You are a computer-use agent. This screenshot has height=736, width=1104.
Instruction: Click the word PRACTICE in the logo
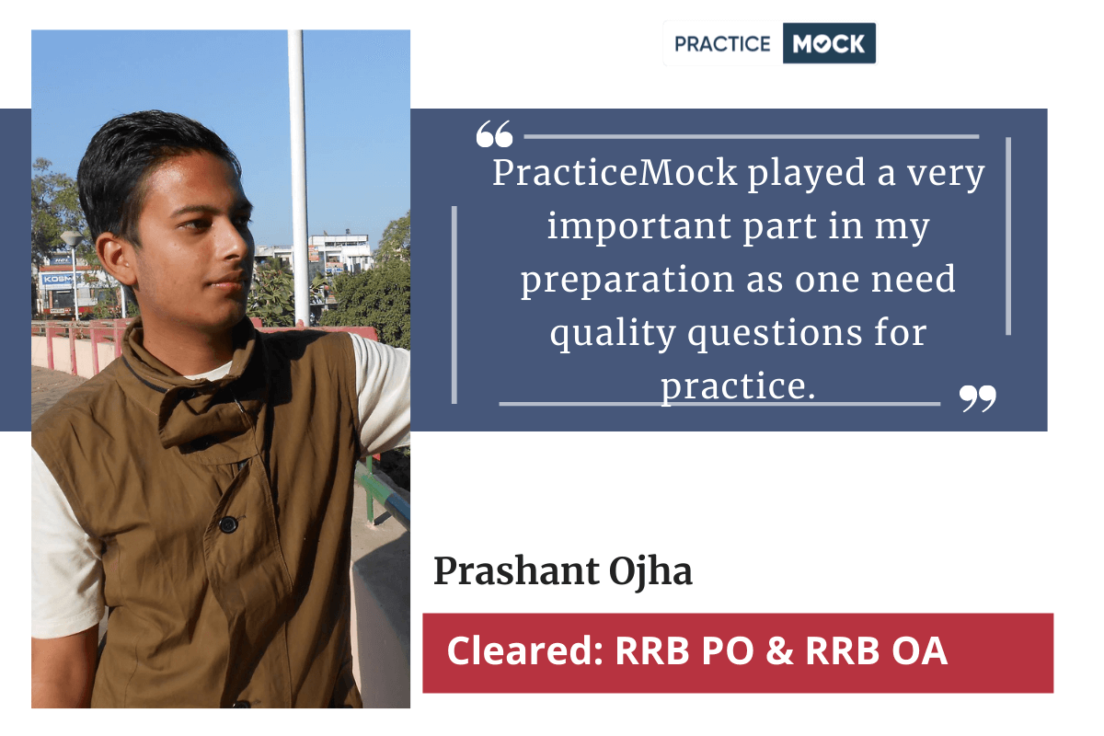[722, 44]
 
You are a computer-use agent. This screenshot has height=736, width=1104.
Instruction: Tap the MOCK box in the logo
[829, 43]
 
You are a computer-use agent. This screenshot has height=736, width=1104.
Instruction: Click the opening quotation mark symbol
[494, 134]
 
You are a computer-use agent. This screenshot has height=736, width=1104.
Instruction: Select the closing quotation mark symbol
[977, 398]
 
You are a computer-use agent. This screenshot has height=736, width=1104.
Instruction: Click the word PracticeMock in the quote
[615, 173]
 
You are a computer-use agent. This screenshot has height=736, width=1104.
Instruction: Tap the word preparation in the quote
[627, 280]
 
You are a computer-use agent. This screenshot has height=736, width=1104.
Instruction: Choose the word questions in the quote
[775, 333]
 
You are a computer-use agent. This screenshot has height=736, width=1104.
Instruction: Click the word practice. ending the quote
[738, 386]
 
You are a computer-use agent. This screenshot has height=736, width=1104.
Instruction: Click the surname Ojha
[650, 572]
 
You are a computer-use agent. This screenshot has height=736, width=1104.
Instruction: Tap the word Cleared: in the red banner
[525, 650]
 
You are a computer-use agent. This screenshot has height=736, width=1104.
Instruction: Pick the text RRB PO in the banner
[684, 650]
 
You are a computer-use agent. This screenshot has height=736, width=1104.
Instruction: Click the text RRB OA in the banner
[876, 650]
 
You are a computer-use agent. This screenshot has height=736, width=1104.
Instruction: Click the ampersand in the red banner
[780, 650]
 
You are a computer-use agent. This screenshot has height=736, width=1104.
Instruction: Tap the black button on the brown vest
[228, 524]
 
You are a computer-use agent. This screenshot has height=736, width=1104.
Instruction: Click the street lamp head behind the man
[72, 239]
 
